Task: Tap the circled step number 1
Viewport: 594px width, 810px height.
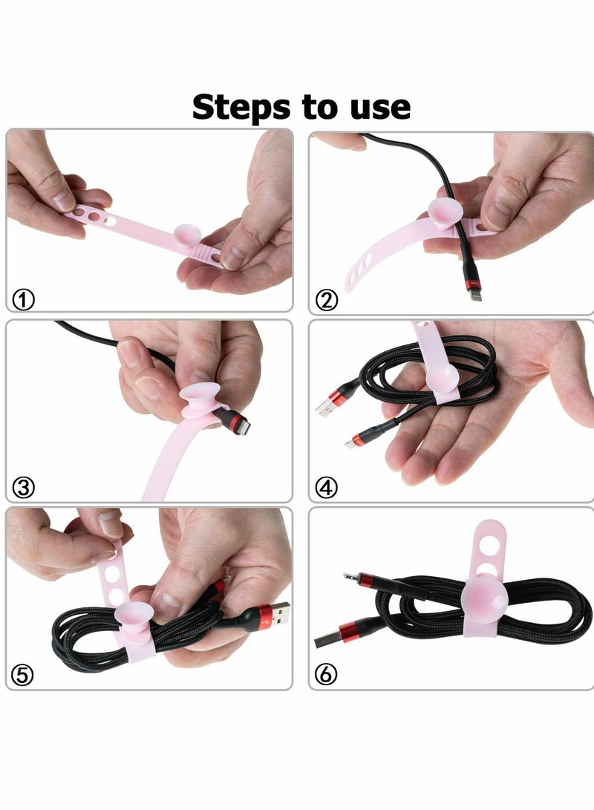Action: pos(24,300)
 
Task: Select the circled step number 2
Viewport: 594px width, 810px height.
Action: pos(327,300)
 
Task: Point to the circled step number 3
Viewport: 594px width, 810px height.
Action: pos(24,488)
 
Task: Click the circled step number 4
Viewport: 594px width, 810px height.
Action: pos(327,488)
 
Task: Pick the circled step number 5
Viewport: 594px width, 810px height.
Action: pos(24,675)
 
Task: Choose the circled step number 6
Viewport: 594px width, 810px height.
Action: pos(327,675)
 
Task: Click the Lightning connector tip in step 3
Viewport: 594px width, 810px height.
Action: pos(243,428)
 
